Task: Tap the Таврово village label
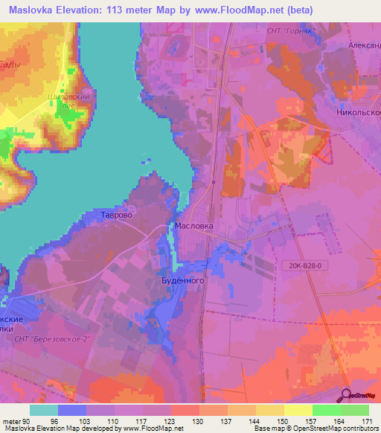[x=117, y=215]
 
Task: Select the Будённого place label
[x=183, y=281]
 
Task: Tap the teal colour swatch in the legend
[x=44, y=410]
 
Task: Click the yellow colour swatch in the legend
[x=298, y=410]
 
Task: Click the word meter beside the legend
[x=13, y=420]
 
